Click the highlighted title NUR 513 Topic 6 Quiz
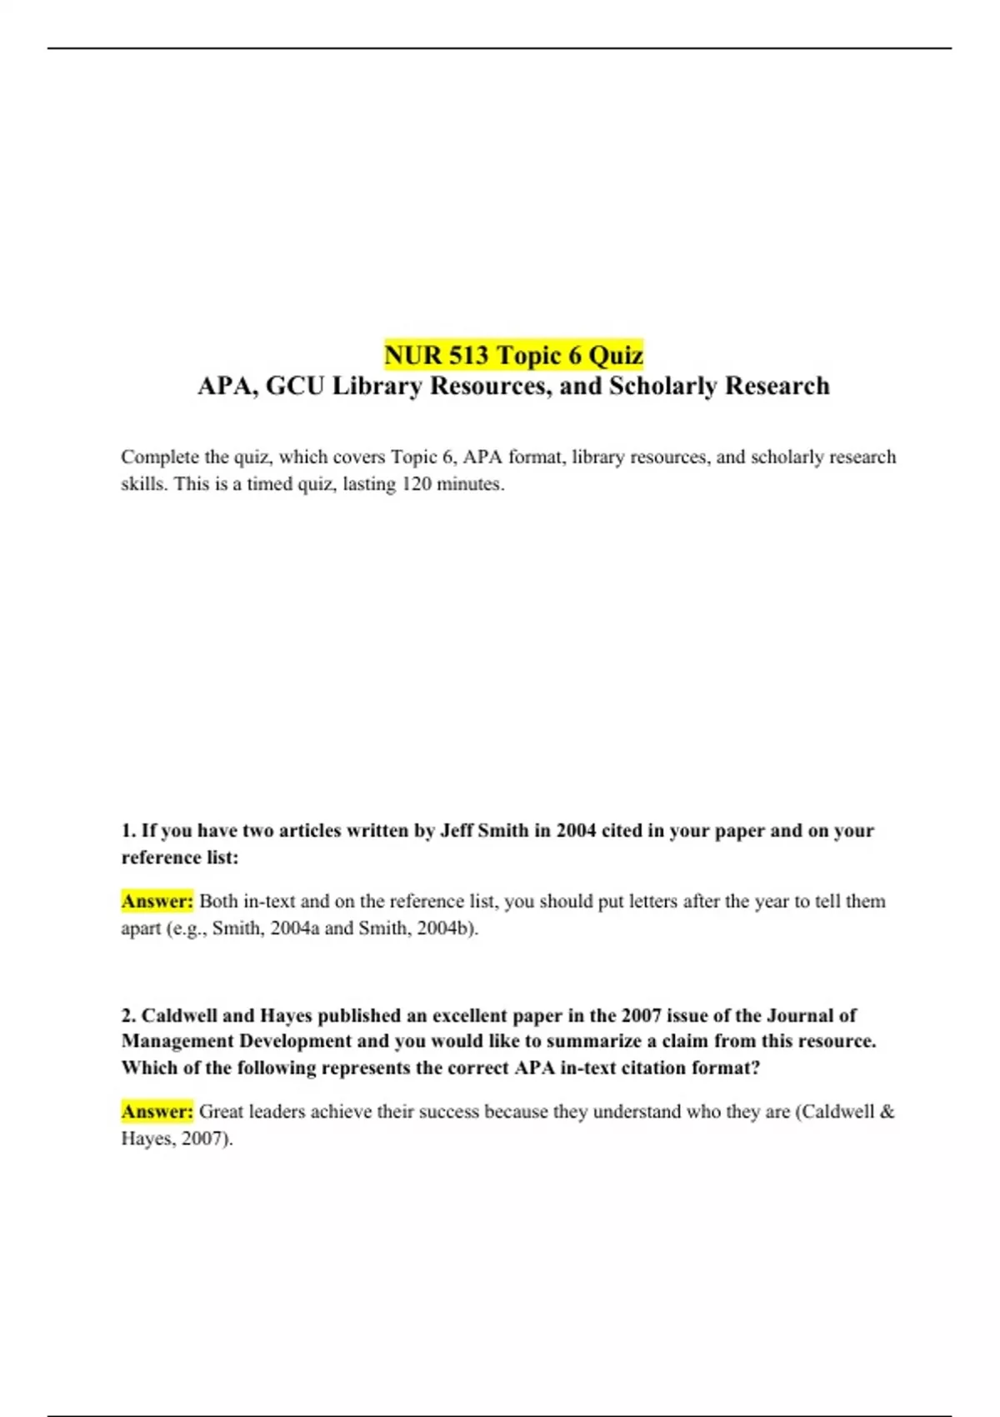513,355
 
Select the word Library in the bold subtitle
377,386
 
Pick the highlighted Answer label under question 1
157,901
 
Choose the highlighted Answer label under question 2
157,1111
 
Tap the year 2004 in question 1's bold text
576,830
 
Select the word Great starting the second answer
222,1111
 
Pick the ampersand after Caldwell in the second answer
887,1111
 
